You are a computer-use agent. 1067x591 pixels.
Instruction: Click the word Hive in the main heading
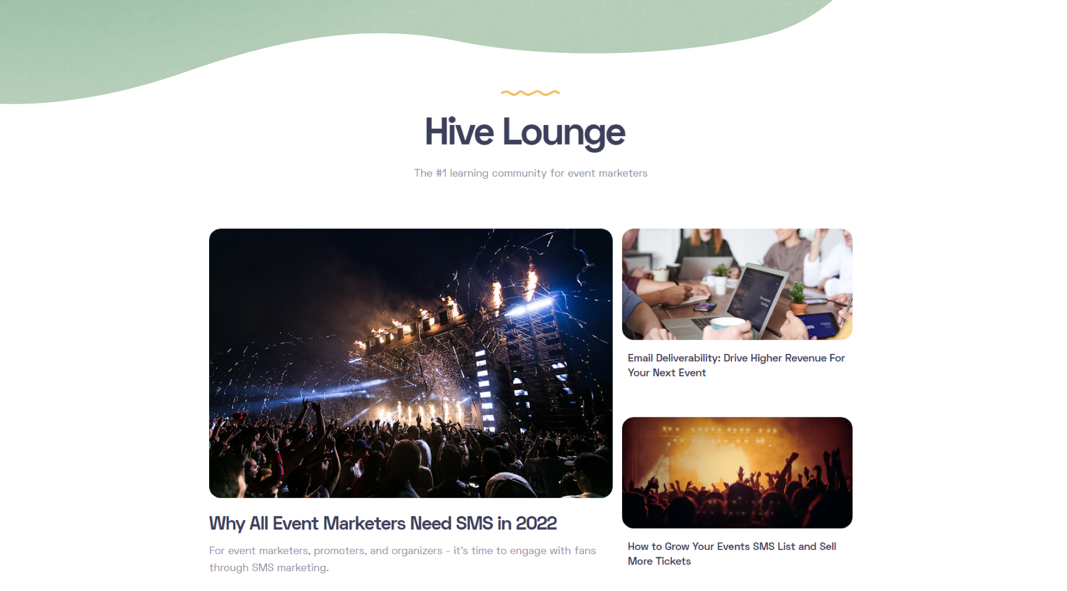coord(459,132)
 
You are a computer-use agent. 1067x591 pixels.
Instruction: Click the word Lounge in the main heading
coord(563,133)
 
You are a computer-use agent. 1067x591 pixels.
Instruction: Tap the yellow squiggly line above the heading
coord(530,93)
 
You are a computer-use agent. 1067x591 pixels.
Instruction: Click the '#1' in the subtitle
coord(441,173)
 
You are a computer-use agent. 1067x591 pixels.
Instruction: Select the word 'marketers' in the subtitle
coord(623,173)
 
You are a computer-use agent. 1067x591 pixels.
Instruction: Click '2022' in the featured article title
coord(536,523)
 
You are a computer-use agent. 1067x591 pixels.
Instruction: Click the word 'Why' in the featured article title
coord(227,523)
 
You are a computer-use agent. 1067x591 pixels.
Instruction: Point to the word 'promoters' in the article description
coord(338,550)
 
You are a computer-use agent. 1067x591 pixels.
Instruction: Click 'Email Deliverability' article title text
coord(674,358)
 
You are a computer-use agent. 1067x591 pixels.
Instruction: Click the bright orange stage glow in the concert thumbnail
coord(710,459)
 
